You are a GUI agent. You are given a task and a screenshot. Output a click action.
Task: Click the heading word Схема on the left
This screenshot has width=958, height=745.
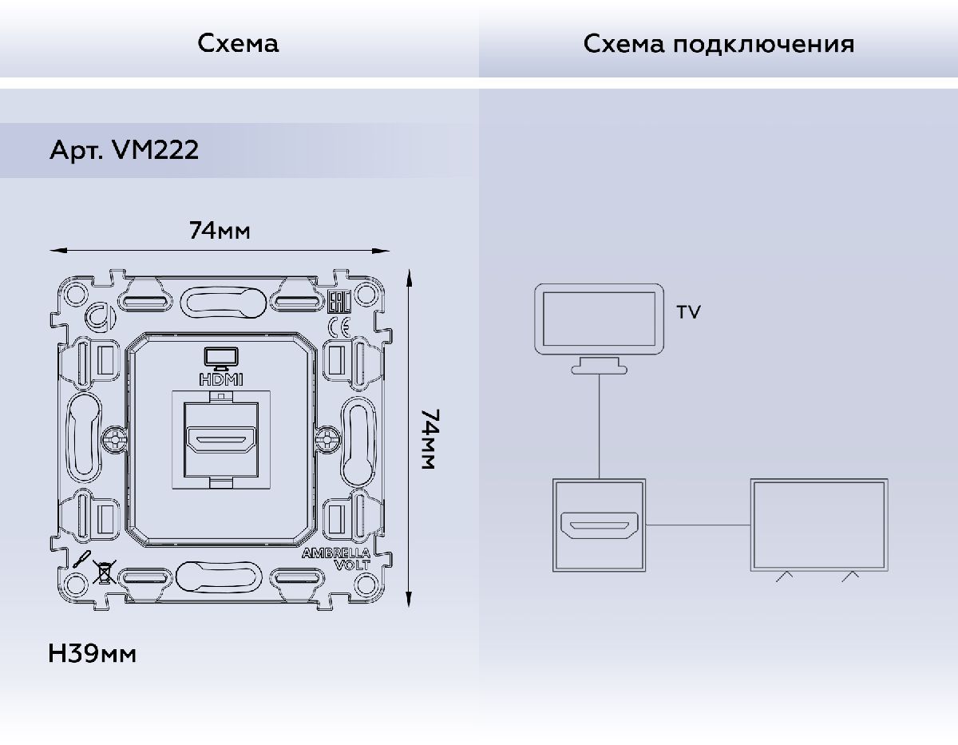tap(238, 43)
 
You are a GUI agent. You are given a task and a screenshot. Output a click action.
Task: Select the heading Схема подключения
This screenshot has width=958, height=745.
tap(718, 43)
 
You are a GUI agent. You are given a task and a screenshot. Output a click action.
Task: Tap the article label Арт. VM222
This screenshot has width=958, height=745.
tap(124, 150)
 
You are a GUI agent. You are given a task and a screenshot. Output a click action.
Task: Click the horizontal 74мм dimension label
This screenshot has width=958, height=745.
tap(220, 231)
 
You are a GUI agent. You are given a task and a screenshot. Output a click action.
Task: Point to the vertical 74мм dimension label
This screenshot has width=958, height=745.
tap(430, 439)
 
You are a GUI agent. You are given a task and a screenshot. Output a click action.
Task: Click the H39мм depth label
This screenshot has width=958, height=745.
tap(93, 655)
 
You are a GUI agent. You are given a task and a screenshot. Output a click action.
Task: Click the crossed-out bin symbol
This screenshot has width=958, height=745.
tap(102, 572)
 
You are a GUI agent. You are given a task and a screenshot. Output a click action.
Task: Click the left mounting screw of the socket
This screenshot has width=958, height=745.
tap(113, 438)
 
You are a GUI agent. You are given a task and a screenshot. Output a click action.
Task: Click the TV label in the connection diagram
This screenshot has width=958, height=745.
tap(688, 312)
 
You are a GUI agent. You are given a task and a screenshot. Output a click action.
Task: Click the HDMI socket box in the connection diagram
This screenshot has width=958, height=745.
tap(599, 525)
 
